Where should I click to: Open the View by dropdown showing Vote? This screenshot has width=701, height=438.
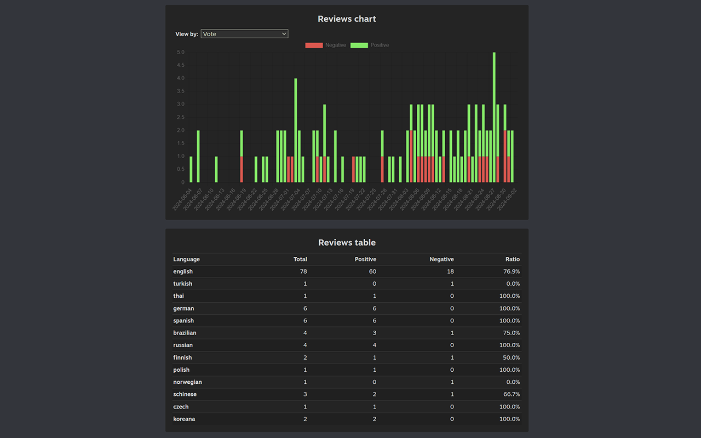click(x=244, y=34)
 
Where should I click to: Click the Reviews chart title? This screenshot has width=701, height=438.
click(x=347, y=19)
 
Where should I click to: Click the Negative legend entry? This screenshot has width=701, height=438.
click(x=326, y=45)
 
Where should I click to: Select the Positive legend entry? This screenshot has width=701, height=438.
click(x=370, y=45)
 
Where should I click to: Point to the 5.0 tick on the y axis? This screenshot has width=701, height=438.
click(x=180, y=53)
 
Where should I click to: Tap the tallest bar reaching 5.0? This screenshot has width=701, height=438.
click(x=494, y=117)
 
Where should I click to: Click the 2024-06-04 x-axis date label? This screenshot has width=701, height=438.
click(x=182, y=200)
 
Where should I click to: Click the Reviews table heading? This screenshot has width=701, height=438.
click(x=347, y=243)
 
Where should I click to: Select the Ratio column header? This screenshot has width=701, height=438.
click(x=512, y=260)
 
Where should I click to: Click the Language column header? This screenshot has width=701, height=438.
click(x=187, y=260)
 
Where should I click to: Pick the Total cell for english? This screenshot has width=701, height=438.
click(x=303, y=272)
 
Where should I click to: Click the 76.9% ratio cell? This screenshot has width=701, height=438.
click(x=510, y=272)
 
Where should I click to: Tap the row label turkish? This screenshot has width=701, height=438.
click(x=183, y=284)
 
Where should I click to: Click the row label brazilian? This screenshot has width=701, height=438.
click(x=185, y=333)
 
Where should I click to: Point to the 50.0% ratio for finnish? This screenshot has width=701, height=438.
click(x=512, y=358)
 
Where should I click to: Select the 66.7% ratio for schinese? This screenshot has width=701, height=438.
click(x=512, y=394)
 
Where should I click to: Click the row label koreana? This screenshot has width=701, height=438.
click(x=184, y=419)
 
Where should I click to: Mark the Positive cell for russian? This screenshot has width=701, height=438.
click(x=374, y=345)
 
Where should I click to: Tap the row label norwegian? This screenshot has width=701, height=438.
click(x=187, y=382)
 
